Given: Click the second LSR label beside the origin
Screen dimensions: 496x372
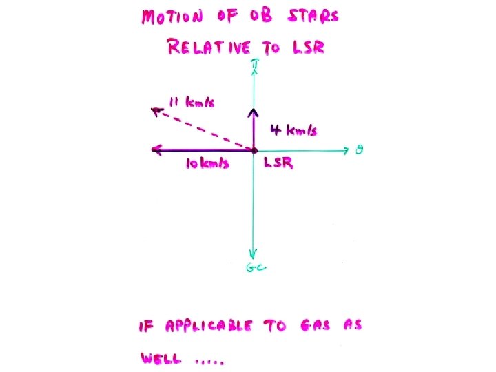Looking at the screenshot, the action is pos(279,164).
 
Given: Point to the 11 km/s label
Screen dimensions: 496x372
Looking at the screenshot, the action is pos(191,103).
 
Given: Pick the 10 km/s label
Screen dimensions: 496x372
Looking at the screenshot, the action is pos(207,164).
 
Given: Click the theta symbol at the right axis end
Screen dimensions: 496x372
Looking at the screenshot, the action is pos(360,149).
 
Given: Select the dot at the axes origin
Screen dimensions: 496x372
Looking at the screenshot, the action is pos(254,149).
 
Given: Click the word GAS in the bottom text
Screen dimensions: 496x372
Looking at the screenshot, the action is pos(318,326).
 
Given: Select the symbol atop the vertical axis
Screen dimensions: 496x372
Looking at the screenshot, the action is pos(255,65).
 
